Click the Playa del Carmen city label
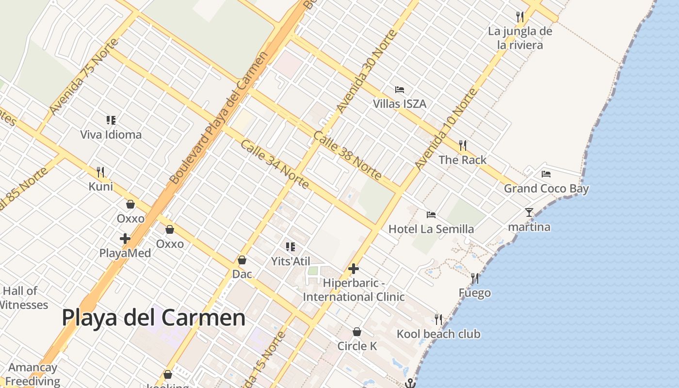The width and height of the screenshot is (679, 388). pos(153,318)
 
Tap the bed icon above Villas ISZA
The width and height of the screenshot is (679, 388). pos(400,90)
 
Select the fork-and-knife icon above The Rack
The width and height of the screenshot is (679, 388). pos(463,145)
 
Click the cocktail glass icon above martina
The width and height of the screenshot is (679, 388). pos(529,212)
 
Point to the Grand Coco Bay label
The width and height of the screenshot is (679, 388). pos(546,189)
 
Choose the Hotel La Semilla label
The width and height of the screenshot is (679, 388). pos(431,229)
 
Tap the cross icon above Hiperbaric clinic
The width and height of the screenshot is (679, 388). pos(354,268)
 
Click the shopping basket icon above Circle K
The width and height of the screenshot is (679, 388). pos(357,332)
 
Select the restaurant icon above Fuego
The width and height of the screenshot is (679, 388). pos(475,278)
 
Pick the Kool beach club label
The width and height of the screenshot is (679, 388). pos(438,334)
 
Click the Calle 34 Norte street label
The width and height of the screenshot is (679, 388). pos(274,164)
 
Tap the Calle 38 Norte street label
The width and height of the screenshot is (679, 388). pos(347,155)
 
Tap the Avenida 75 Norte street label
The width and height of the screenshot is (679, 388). pos(83,77)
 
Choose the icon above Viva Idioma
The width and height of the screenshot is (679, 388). pos(111,120)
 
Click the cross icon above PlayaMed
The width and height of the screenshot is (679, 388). pos(125,238)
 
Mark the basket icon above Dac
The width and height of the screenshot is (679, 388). pos(242,260)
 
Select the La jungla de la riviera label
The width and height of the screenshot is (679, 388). pos(520,38)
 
